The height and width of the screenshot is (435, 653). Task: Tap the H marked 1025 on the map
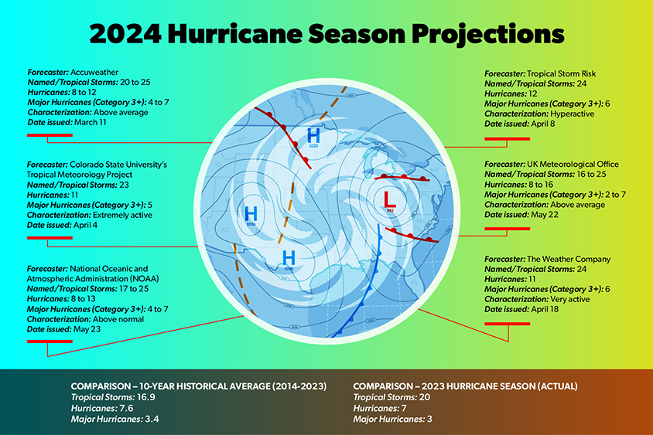(x=313, y=134)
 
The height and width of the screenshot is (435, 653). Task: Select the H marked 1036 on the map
(x=250, y=212)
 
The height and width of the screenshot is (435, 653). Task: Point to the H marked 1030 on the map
(x=289, y=257)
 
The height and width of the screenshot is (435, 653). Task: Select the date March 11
(x=87, y=122)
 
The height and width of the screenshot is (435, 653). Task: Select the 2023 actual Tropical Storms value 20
(x=425, y=396)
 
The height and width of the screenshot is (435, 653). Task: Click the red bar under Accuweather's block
(x=49, y=135)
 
